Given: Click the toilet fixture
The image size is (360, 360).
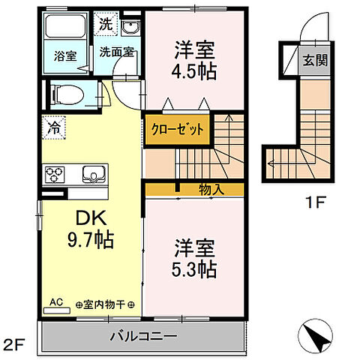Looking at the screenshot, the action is [x=67, y=95].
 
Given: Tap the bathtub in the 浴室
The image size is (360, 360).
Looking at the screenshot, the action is [x=65, y=25].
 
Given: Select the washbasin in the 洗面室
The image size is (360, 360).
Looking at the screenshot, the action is [x=130, y=28].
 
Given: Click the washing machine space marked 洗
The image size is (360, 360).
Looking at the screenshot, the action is [x=106, y=24].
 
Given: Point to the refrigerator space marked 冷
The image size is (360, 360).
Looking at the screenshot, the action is [x=53, y=127].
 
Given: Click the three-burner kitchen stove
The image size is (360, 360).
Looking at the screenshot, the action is [x=54, y=174].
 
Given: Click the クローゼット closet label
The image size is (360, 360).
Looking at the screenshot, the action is [x=177, y=130].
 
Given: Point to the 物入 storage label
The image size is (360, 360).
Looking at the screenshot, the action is [x=211, y=190].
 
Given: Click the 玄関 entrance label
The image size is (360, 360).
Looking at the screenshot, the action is [x=315, y=60].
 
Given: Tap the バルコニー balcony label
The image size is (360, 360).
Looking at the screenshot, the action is [x=143, y=336].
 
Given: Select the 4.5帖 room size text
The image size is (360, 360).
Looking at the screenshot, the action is [x=193, y=72].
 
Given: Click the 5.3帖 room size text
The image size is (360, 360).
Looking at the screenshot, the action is [x=193, y=269].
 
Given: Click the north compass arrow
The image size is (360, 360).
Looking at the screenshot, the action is [x=318, y=337].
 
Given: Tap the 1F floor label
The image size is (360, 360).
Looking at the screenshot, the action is [x=316, y=202].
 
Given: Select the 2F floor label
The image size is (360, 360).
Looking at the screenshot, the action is [x=13, y=345].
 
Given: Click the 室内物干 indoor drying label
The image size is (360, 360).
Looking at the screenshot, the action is [x=104, y=304].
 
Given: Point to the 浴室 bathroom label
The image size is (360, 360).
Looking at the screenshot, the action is [x=65, y=56].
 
